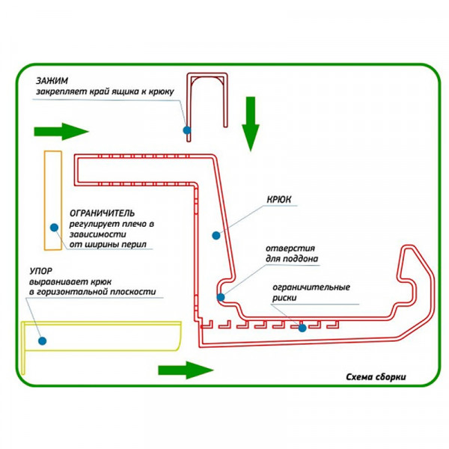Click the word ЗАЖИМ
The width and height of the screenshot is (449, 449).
50,80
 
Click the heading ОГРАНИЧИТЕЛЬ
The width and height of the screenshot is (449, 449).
102,213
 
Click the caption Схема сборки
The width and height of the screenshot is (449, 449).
376,376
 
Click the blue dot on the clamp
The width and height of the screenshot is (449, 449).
186,129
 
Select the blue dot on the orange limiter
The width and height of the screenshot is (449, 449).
54,227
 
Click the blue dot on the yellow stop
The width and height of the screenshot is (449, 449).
43,340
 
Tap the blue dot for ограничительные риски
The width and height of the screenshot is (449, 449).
302,327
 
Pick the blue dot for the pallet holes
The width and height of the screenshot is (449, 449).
221,297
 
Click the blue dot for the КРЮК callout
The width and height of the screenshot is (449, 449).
216,235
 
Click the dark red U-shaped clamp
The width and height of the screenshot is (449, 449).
208,97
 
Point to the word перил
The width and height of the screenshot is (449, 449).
134,245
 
